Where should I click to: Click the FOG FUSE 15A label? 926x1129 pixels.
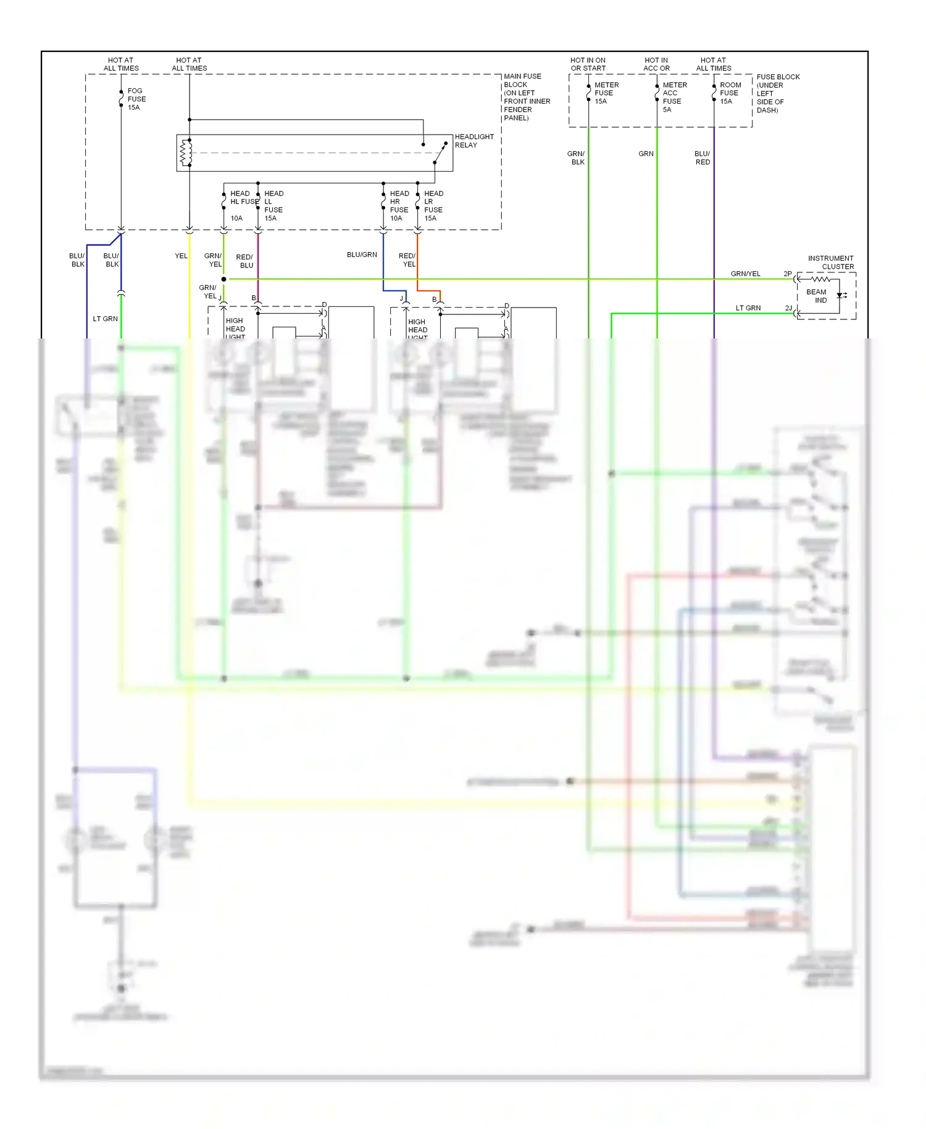(136, 99)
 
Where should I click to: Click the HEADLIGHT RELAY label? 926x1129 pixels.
(473, 141)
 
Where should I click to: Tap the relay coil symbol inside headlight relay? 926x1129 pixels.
(183, 153)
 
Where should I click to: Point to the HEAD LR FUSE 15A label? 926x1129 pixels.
(433, 206)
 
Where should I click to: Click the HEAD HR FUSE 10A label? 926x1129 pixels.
(398, 206)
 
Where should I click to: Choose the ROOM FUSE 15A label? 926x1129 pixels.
(730, 93)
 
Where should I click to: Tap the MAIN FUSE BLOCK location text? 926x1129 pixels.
(526, 97)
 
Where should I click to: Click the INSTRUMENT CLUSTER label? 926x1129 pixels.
(831, 262)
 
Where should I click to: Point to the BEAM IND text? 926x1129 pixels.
(817, 296)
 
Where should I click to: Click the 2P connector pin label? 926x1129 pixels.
(787, 274)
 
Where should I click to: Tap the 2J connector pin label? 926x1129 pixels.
(788, 308)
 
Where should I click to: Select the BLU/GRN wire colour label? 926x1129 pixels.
(362, 254)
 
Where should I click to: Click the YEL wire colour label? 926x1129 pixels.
(181, 256)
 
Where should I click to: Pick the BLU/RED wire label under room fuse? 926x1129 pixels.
(703, 157)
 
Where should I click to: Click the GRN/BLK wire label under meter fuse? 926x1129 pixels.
(577, 157)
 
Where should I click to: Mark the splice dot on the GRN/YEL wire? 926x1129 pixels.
(223, 279)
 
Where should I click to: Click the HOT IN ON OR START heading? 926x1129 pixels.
(588, 64)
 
